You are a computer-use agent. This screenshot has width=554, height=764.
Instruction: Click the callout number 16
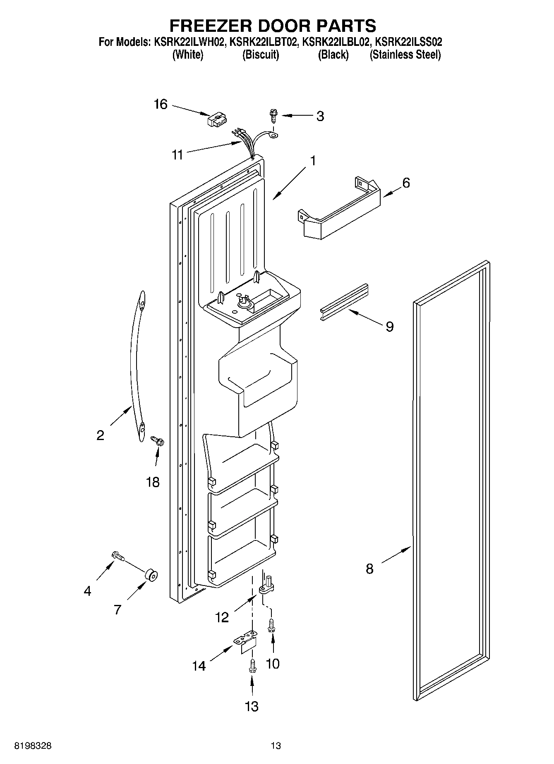161,105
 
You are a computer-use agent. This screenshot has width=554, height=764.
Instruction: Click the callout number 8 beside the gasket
369,569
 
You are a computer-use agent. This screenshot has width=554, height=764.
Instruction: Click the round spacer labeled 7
151,575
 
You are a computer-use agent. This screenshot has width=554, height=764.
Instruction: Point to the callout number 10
273,664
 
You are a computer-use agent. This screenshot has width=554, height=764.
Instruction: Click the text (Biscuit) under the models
260,55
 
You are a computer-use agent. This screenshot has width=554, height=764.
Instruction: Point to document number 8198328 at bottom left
33,746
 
